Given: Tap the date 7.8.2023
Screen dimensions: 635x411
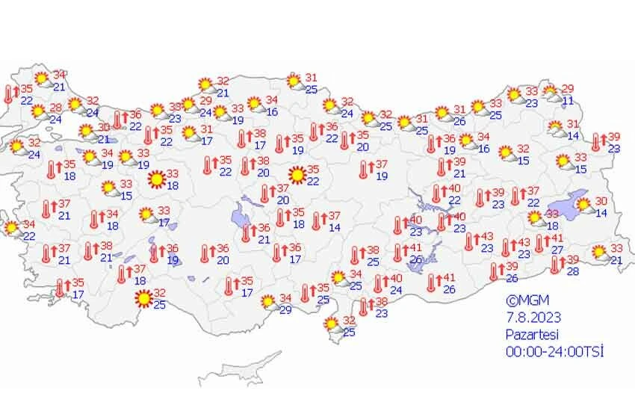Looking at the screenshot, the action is coord(532,318).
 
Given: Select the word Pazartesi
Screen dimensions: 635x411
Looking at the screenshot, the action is coord(533,335).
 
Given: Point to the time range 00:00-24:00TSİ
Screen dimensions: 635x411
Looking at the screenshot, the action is coord(554,351).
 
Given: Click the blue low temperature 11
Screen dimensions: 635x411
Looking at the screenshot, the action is coord(568,101).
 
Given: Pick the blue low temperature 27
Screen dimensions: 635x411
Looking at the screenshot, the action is coord(557,250).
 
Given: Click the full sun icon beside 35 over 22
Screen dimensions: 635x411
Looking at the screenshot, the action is coord(297,176).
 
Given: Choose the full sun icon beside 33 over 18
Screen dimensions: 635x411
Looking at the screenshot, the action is coord(157,179).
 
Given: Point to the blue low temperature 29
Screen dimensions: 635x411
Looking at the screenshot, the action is coord(285,309).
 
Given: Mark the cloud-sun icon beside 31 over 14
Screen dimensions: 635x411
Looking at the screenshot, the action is coord(557,129).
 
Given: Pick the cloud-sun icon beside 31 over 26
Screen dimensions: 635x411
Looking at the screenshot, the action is coord(442,114).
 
